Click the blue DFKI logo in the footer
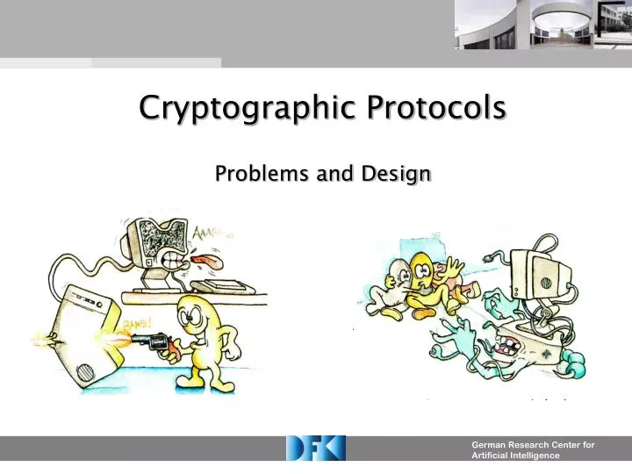316,449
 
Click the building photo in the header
542,25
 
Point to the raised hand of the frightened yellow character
453,265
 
